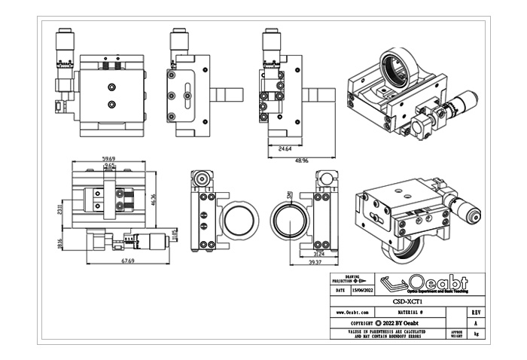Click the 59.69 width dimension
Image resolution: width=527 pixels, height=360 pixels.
[108, 159]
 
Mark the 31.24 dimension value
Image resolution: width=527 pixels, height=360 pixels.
[319, 254]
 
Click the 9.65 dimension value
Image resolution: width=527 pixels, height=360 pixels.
[109, 166]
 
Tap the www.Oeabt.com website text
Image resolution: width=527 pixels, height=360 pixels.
[352, 311]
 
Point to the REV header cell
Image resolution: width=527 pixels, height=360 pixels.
[476, 311]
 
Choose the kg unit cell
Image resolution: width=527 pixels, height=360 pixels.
[476, 333]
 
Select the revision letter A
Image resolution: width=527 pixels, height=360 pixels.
[476, 322]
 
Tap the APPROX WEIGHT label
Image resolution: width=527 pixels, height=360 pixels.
[455, 333]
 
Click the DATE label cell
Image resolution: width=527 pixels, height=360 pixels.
[340, 289]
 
